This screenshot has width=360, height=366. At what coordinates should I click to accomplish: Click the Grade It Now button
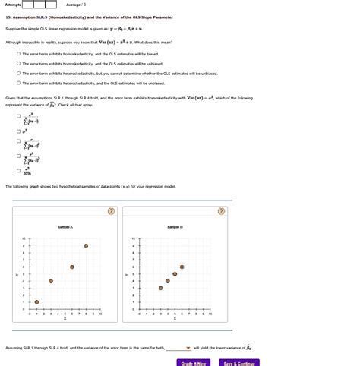(194, 363)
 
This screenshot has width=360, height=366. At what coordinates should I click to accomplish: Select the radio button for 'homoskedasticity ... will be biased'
(17, 54)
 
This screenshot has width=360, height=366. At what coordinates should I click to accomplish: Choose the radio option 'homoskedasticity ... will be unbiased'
(17, 64)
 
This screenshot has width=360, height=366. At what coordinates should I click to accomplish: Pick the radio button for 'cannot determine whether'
(17, 74)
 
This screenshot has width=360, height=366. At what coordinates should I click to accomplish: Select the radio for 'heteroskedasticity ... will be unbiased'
(17, 83)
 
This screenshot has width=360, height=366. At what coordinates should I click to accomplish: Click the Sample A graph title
(65, 226)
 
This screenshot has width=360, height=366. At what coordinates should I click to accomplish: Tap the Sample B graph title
(175, 226)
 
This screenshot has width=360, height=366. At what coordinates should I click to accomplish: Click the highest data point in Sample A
(86, 246)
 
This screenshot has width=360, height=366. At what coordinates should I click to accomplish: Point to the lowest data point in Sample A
(50, 281)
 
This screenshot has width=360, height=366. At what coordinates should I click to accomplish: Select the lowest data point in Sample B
(160, 288)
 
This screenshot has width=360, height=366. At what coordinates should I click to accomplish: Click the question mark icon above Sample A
(111, 212)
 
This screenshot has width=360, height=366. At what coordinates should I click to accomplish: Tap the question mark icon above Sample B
(221, 212)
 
